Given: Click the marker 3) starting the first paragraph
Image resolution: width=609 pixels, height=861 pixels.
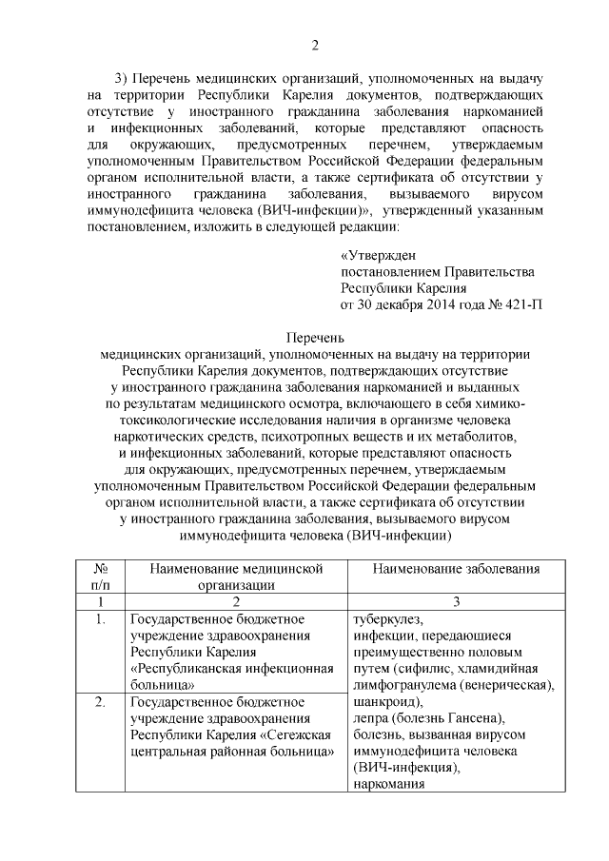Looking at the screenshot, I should click(121, 77).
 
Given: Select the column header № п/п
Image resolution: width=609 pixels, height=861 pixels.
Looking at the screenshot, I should click(100, 577).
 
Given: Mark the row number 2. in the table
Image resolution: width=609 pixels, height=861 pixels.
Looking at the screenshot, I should click(100, 703).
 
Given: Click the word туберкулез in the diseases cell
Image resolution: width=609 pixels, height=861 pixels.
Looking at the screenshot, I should click(385, 619).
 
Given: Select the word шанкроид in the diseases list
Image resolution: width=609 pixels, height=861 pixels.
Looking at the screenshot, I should click(383, 701).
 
